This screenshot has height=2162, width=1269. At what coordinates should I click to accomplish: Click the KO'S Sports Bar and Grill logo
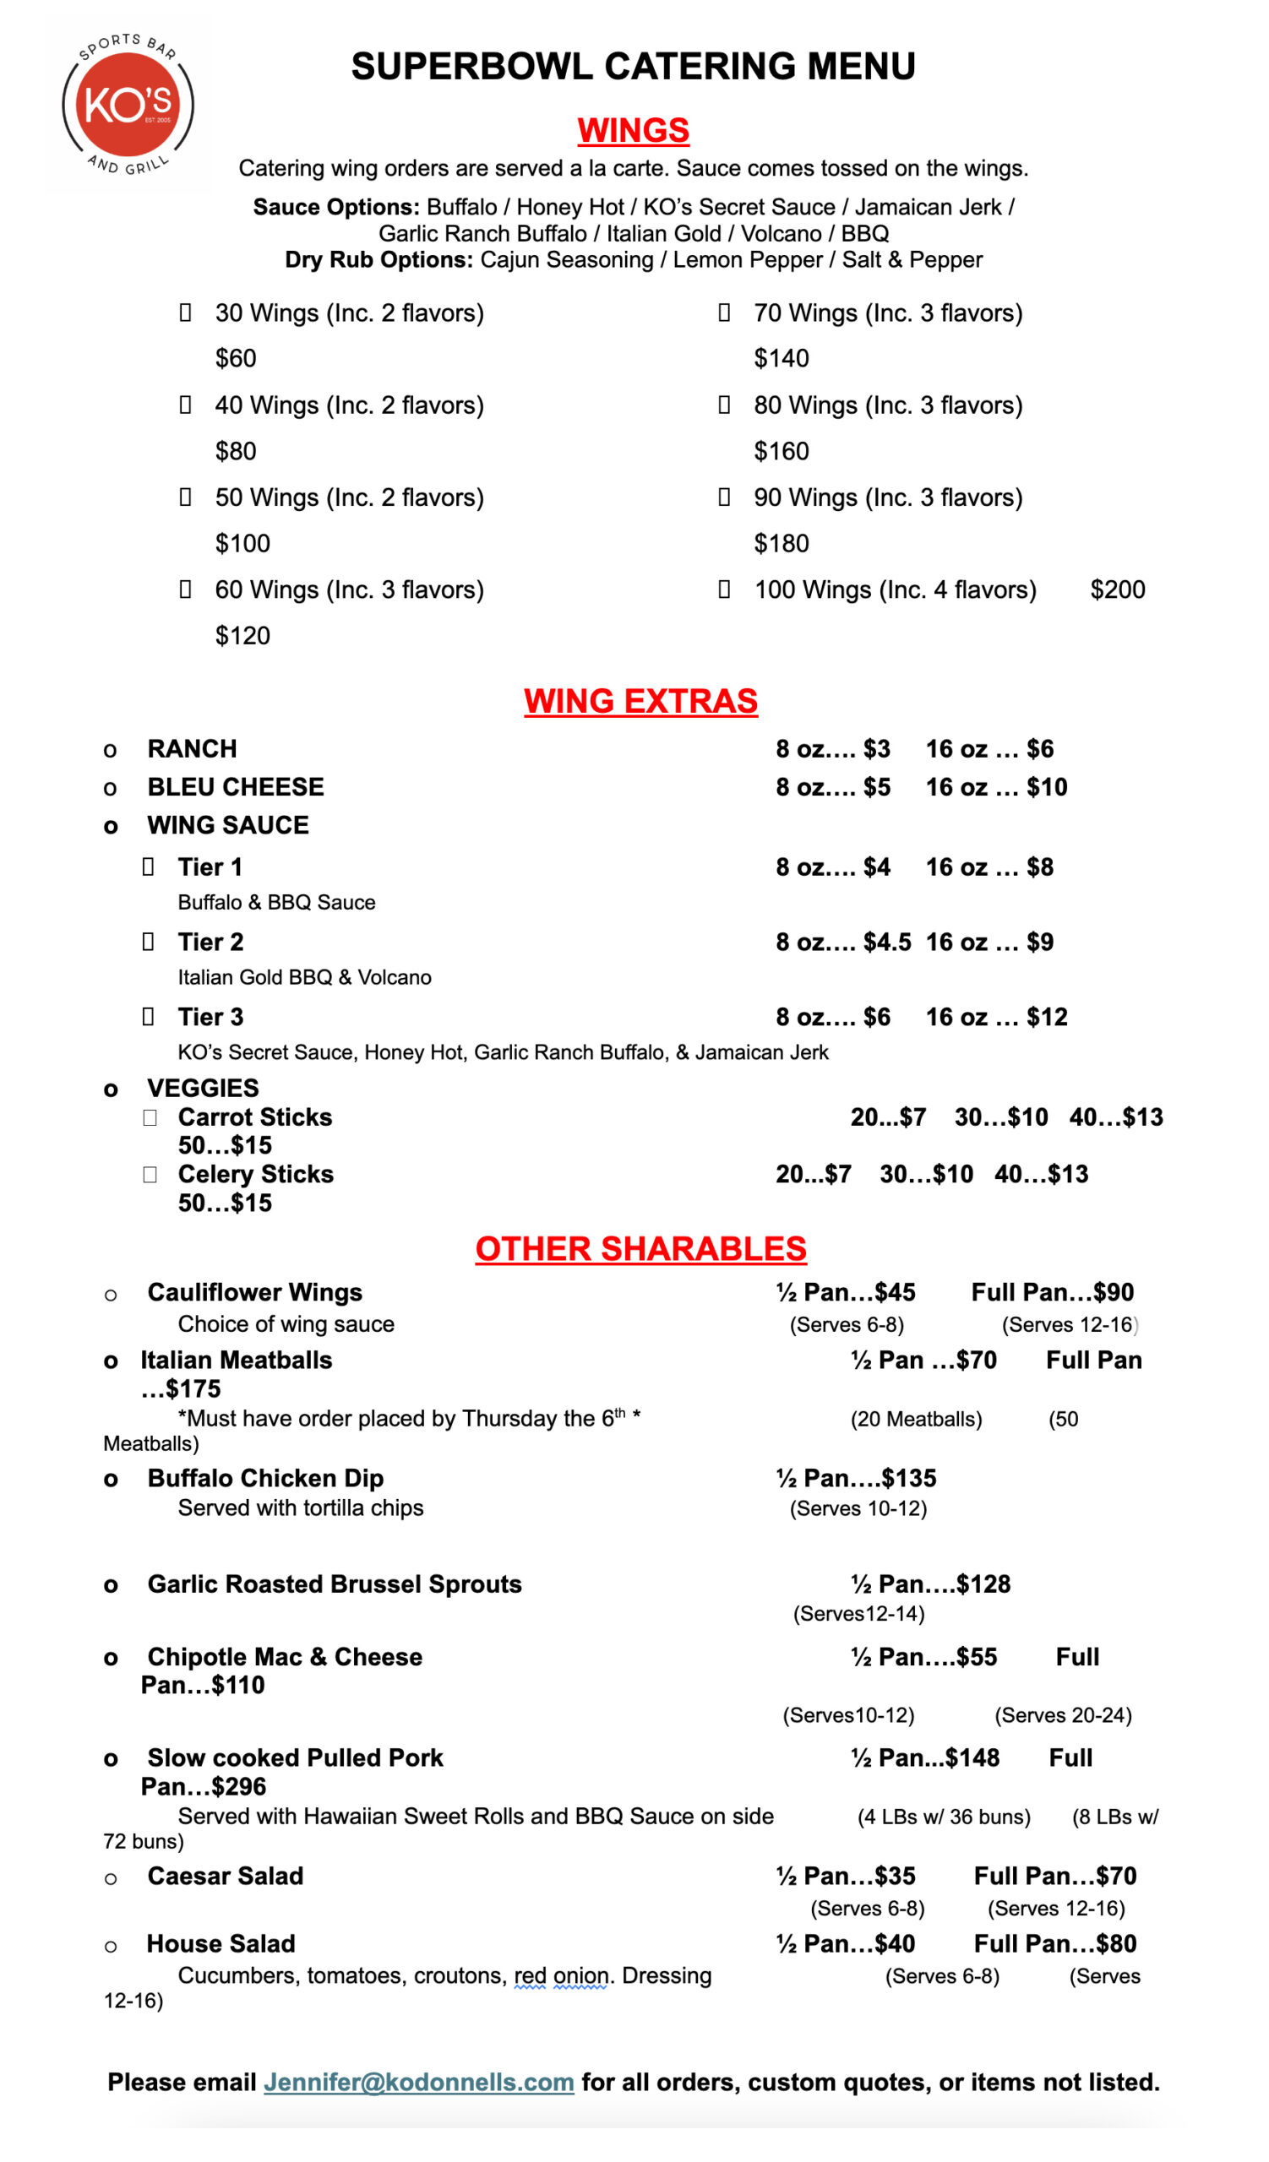coord(128,105)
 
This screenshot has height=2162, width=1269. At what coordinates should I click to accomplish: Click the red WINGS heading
coord(633,130)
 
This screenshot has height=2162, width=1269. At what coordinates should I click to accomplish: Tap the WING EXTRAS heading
coord(640,701)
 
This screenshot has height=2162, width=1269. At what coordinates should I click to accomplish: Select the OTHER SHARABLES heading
coord(640,1249)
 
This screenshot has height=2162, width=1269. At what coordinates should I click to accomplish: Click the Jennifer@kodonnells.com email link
coord(418,2083)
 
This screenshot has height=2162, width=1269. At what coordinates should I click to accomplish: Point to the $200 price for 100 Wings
coord(1117,589)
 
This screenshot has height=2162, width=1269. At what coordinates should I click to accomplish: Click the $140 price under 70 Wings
coord(781,358)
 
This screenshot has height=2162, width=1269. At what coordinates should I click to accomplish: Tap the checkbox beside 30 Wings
coord(184,312)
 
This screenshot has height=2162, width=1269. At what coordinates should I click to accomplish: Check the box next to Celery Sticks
coord(150,1175)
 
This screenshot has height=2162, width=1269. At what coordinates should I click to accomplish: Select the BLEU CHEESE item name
coord(235,787)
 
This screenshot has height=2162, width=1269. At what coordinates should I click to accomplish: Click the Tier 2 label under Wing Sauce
coord(210,942)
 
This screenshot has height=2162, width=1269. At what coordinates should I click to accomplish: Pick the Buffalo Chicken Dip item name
coord(265,1478)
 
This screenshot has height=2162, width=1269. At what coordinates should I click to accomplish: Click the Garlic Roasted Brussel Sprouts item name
coord(334,1583)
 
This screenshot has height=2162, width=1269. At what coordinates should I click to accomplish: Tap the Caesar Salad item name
coord(225,1877)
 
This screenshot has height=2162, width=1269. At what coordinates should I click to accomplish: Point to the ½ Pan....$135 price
coord(856,1478)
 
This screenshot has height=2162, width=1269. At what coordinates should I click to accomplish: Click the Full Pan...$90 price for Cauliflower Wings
coord(1052,1292)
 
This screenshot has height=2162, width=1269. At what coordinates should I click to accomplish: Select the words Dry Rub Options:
coord(379,259)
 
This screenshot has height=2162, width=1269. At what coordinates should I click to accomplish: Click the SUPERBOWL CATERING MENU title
coord(633,66)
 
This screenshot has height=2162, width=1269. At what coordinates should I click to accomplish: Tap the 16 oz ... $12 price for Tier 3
coord(996,1017)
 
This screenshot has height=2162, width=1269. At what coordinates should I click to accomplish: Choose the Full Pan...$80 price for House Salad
coord(1054,1943)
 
